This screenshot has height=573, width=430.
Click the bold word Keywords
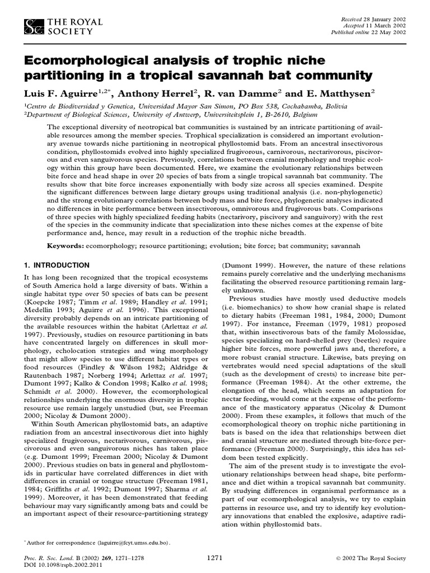(67, 246)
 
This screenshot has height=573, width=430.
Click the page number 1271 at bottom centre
(215, 557)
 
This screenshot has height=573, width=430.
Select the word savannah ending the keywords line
(344, 246)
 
